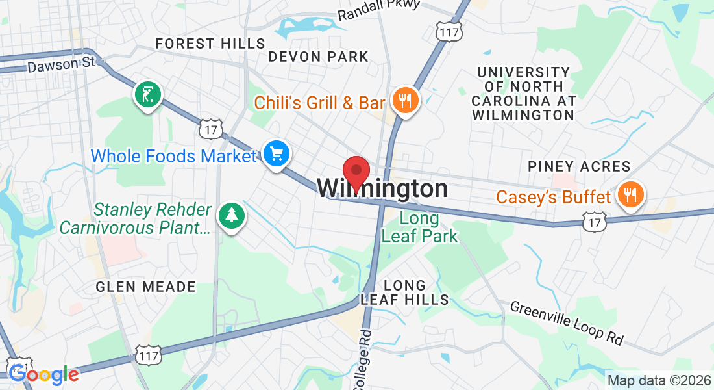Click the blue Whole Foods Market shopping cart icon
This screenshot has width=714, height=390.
click(x=277, y=154)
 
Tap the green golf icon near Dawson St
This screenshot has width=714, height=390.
click(x=148, y=95)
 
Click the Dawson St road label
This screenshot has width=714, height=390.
click(x=61, y=64)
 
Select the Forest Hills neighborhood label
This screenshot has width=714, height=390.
click(x=210, y=44)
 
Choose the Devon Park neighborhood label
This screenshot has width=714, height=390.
click(x=318, y=57)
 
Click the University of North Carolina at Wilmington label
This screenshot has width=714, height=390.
click(x=523, y=94)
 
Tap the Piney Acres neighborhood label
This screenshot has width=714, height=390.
click(x=579, y=166)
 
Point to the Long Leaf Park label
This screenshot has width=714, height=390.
click(x=419, y=227)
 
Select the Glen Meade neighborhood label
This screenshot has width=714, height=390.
click(x=145, y=287)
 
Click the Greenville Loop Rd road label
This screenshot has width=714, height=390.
click(x=567, y=322)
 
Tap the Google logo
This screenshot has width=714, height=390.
click(x=43, y=374)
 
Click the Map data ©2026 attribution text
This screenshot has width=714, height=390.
click(x=658, y=380)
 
